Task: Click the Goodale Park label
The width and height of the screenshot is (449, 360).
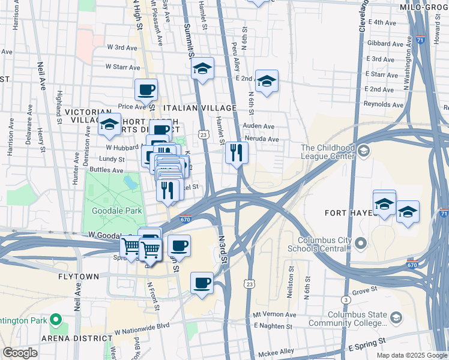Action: pos(116,211)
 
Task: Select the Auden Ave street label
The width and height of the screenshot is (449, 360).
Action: pos(259,127)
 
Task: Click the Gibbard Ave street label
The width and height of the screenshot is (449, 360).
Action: pos(384,44)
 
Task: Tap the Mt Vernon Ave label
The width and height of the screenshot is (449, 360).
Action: pos(275,314)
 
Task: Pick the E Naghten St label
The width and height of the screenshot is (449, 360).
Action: pos(273,326)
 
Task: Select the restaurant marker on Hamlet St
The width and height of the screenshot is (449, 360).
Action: pos(237,153)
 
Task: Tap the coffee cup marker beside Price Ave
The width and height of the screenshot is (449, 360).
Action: pos(146,91)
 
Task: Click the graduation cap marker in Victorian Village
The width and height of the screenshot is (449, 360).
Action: pos(109,125)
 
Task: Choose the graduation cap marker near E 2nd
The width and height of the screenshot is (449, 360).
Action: pos(267,81)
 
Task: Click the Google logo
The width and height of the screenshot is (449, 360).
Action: pos(20,353)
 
